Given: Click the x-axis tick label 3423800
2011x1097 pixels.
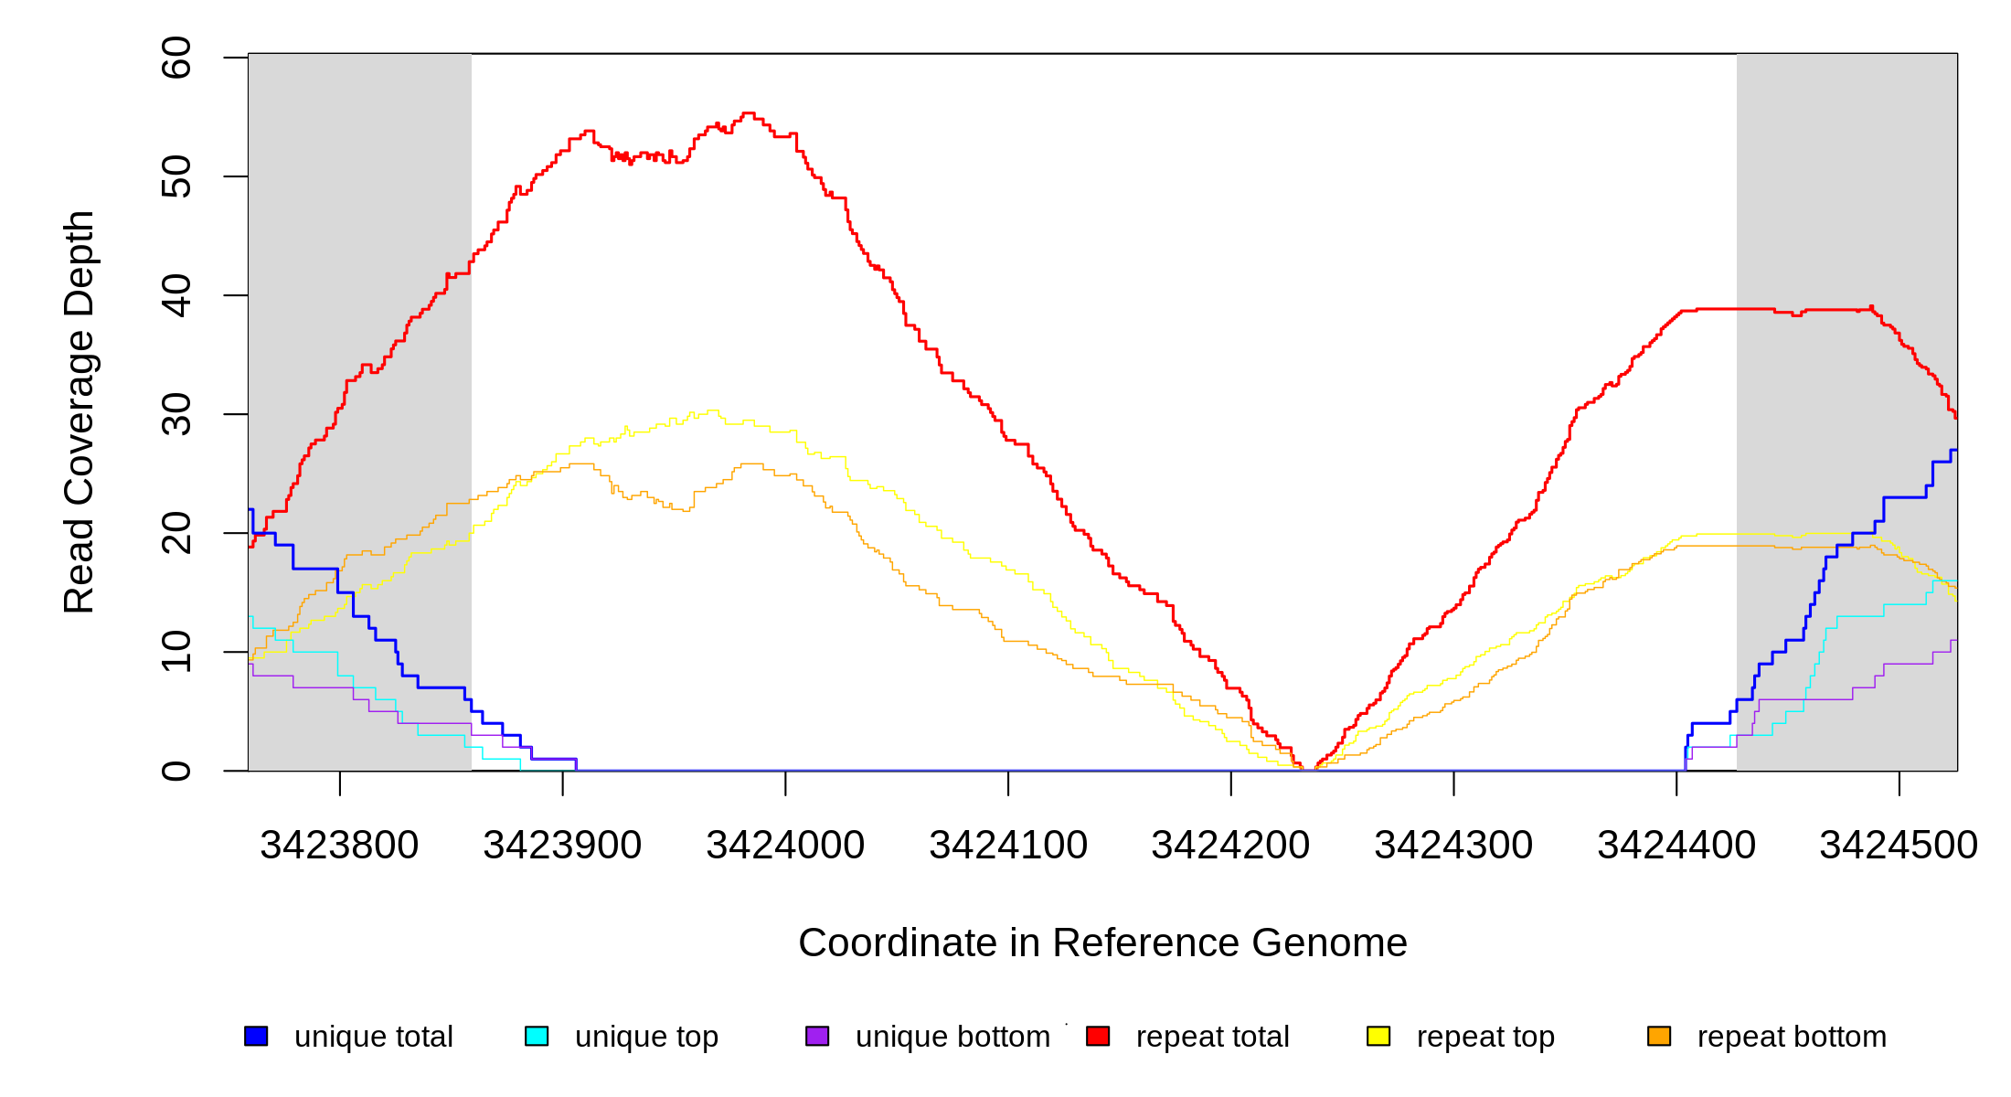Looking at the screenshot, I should (339, 846).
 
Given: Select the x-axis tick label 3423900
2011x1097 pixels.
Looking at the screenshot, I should (562, 846).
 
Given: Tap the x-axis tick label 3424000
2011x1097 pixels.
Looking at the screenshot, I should (785, 846).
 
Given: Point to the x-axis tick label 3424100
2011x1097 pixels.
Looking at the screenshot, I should (1008, 846).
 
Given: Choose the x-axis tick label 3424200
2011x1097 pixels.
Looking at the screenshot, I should (1230, 846).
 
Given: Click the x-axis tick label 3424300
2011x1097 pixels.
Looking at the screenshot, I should (1453, 846).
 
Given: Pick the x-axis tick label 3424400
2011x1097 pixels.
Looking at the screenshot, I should (1676, 846).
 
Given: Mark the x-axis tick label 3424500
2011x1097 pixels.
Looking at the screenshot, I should (1899, 846).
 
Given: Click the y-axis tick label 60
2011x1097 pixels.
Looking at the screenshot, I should (176, 58).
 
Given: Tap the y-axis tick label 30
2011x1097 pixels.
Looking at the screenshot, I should (176, 414).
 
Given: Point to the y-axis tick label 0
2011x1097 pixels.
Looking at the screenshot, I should (176, 771).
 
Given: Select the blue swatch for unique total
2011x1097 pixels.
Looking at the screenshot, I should (256, 1036).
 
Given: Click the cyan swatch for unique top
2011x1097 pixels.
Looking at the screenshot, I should (537, 1036).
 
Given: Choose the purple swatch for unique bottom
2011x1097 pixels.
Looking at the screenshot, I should (817, 1036).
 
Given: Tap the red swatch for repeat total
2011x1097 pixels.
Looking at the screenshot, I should (1098, 1036).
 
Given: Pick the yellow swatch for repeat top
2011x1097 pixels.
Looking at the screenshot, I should (1378, 1036).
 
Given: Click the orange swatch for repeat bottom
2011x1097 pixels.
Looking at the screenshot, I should (1659, 1036).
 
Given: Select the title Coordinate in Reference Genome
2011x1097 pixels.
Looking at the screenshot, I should (1102, 943).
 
